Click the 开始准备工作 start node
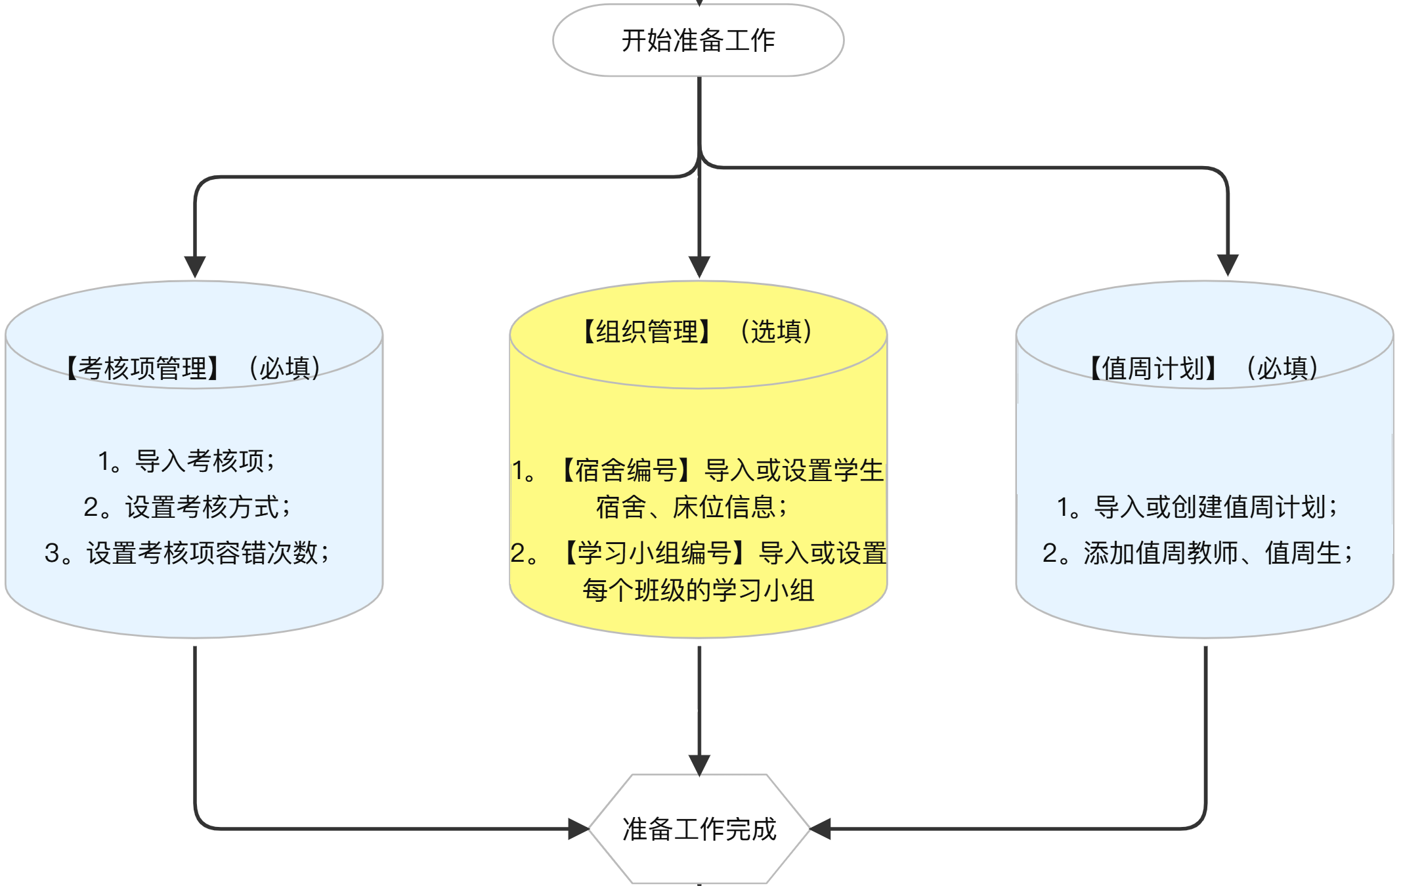tap(698, 40)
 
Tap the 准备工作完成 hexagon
tap(699, 829)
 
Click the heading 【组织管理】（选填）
tap(698, 331)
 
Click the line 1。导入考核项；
tap(186, 461)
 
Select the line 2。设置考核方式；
tap(188, 507)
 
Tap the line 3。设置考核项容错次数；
tap(188, 553)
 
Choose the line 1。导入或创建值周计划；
tap(1197, 507)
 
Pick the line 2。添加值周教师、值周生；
tap(1197, 553)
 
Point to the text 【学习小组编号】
tap(655, 553)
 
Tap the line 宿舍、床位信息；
tap(692, 507)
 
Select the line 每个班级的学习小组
tap(699, 590)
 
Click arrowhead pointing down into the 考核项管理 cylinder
tap(195, 266)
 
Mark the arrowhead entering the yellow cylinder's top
tap(699, 266)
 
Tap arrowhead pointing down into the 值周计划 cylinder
tap(1228, 264)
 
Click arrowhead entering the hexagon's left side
tap(578, 829)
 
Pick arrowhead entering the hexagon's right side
tap(821, 829)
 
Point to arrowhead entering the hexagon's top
tap(699, 765)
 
